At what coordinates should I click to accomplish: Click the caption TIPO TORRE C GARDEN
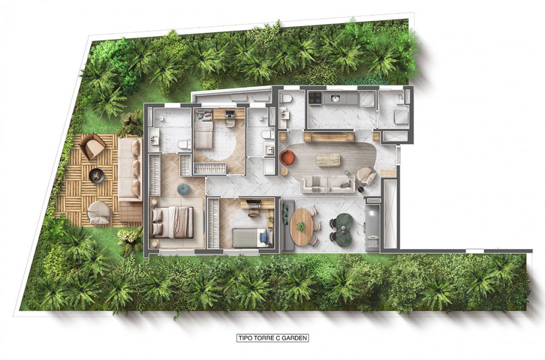272,338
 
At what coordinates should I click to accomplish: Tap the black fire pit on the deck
97,175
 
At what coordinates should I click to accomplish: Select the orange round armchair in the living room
287,157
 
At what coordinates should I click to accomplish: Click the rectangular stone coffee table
328,160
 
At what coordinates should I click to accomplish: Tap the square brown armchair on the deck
93,146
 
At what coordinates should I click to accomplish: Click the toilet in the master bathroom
184,144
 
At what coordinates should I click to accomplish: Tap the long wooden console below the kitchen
328,137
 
